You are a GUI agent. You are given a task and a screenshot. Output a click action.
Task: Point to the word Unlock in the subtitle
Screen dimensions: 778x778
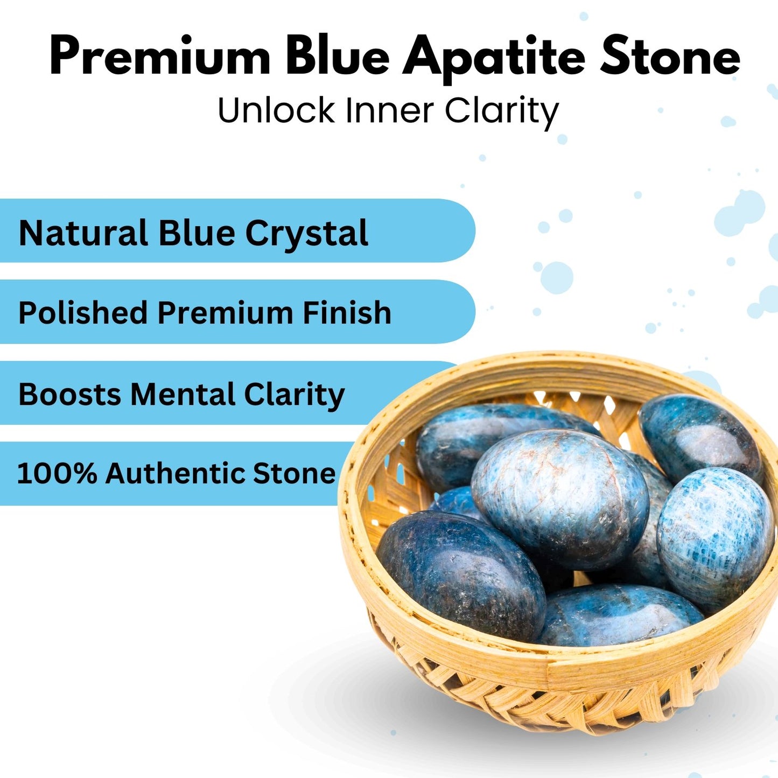coord(276,110)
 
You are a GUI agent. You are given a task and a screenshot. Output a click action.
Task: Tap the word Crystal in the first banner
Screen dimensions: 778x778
coord(306,235)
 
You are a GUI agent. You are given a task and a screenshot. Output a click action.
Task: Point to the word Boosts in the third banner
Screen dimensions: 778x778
coord(70,394)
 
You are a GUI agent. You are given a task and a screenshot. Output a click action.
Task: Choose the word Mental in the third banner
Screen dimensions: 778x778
coord(183,394)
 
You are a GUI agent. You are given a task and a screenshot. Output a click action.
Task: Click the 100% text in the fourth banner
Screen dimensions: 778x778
coord(57,473)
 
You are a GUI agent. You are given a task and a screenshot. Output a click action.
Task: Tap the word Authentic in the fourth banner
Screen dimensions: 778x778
coord(175,473)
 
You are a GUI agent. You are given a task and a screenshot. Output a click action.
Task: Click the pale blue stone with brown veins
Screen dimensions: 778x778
coord(560,500)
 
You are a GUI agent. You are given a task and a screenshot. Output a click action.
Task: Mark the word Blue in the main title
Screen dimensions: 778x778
coord(338,55)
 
